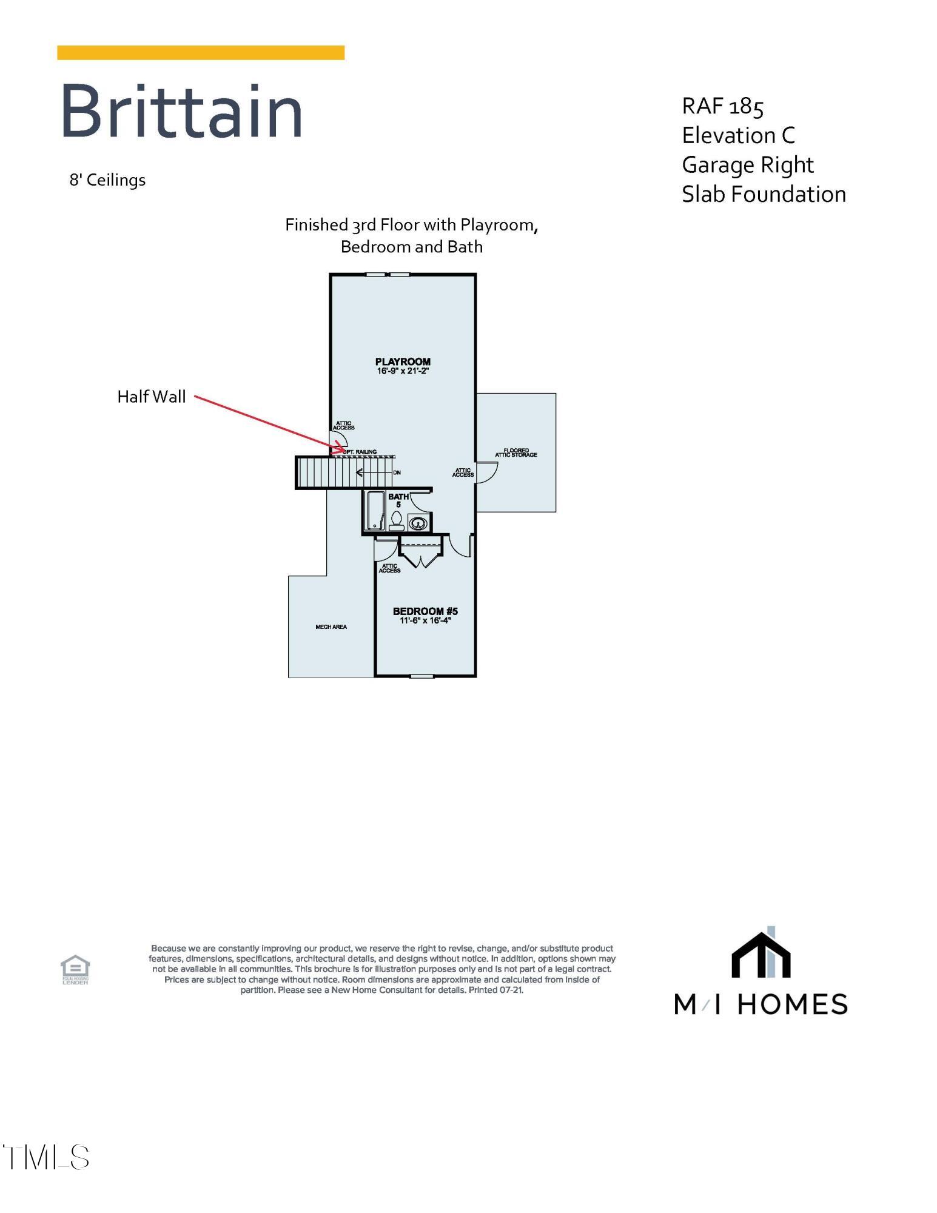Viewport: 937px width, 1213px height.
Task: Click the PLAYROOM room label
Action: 403,361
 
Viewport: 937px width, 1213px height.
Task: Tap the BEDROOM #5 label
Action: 425,611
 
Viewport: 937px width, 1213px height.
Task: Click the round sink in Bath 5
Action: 418,522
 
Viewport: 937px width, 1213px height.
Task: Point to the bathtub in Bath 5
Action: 375,511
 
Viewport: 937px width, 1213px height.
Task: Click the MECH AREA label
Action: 331,627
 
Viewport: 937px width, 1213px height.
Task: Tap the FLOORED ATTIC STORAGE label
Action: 516,453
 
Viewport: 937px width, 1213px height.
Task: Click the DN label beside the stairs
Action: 397,472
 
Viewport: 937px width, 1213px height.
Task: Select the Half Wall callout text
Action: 152,397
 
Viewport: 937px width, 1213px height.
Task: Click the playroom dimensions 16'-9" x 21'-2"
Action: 403,371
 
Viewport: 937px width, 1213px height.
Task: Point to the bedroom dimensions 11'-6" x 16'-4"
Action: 425,620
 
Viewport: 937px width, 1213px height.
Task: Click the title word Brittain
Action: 181,112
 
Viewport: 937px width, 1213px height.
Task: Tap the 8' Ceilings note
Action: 107,180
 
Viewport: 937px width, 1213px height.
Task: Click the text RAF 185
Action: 722,107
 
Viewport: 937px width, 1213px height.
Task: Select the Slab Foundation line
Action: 764,195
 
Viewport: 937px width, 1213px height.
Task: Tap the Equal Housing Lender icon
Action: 75,969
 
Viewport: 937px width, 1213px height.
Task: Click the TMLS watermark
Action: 46,1157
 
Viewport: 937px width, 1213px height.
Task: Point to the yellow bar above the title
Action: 201,53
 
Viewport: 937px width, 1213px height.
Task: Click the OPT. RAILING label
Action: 360,452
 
